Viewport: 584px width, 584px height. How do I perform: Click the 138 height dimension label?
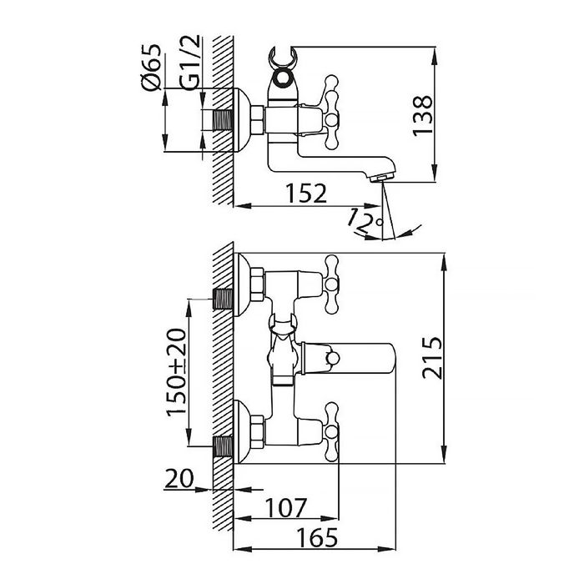423,116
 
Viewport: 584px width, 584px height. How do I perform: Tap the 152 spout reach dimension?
306,194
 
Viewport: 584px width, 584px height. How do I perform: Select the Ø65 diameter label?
151,67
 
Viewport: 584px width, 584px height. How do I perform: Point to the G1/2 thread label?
190,63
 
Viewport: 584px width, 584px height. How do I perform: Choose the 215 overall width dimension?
432,358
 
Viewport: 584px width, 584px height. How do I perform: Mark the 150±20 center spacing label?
176,372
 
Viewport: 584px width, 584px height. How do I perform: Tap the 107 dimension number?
286,507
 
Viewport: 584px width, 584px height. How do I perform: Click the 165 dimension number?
317,538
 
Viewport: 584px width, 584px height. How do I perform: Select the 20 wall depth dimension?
179,478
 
